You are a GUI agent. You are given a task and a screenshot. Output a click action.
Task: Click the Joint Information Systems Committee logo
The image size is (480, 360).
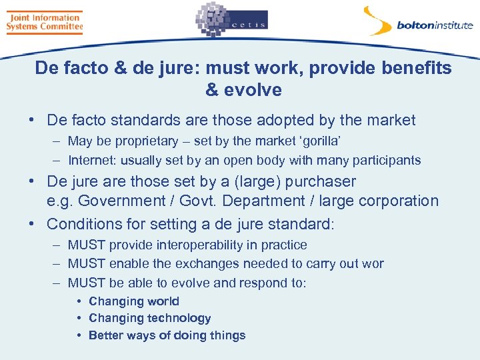(44, 21)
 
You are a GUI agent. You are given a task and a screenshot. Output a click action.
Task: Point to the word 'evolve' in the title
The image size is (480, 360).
(254, 90)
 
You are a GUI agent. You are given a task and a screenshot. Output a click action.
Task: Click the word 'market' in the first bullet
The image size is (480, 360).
(389, 121)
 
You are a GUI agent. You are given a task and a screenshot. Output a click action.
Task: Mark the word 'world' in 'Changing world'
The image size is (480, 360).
(163, 301)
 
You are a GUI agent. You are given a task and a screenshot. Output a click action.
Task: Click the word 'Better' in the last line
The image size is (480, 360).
(105, 335)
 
